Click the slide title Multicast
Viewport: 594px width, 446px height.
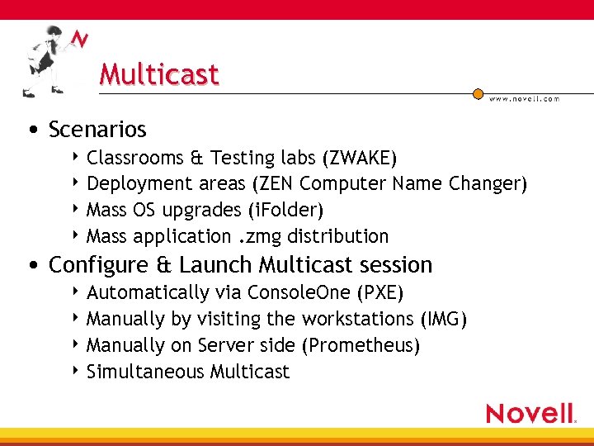click(159, 74)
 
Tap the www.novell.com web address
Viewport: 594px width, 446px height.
click(524, 98)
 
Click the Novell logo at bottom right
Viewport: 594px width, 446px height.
click(530, 413)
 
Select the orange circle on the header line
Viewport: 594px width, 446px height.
click(478, 94)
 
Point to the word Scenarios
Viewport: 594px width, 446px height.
click(97, 130)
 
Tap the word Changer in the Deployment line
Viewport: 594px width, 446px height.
click(486, 183)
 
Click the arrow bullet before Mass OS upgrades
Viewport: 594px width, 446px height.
click(77, 209)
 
